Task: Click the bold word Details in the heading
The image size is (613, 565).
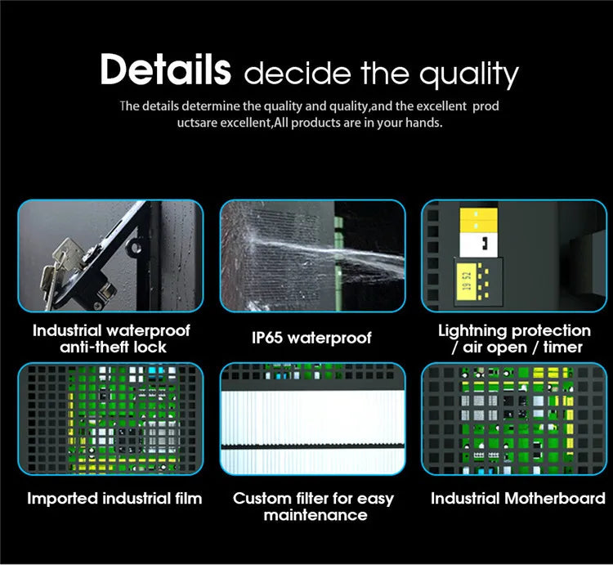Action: pos(165,70)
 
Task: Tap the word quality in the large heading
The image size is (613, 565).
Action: pos(469,74)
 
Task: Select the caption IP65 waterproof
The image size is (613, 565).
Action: pos(311,338)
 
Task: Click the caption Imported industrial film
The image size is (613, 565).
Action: pos(114,499)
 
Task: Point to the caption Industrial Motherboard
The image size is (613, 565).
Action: pos(518,499)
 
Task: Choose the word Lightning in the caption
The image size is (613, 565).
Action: pos(473,331)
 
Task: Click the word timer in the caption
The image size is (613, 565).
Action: pos(563,348)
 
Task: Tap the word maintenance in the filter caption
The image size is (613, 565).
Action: pos(315,515)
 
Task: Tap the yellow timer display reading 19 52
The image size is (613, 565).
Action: pos(467,281)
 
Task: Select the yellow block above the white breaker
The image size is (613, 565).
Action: pos(478,220)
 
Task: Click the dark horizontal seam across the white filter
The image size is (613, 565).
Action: pos(313,446)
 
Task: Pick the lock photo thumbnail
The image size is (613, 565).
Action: pos(110,256)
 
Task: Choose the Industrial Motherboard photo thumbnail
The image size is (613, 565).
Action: pos(514,419)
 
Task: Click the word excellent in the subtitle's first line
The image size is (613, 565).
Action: pos(441,106)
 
